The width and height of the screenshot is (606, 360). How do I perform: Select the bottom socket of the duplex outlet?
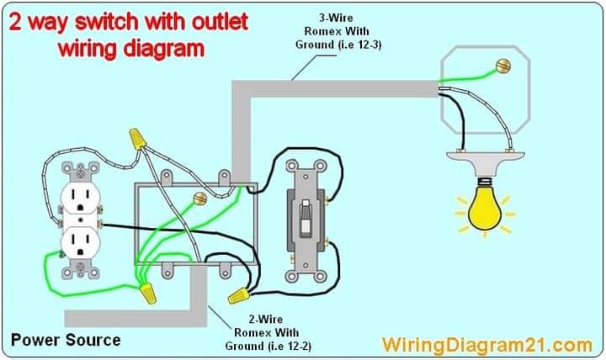click(x=81, y=242)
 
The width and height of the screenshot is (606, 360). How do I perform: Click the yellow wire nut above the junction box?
click(x=137, y=139)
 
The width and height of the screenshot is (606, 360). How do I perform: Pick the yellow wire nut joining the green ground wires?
click(x=148, y=294)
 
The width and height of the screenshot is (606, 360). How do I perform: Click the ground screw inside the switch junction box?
click(x=199, y=199)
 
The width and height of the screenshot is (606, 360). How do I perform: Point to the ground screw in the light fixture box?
click(x=503, y=66)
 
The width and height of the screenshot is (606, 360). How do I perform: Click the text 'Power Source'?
click(x=66, y=341)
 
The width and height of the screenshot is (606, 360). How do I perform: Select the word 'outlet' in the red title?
click(x=220, y=22)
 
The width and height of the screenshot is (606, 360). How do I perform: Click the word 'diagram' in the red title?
click(x=163, y=50)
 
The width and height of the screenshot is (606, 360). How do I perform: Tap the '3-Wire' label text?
click(x=336, y=18)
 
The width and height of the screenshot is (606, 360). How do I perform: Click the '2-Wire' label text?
click(x=265, y=320)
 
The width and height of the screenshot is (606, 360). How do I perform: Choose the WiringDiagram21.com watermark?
click(x=487, y=344)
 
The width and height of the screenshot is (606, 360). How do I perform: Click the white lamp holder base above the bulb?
click(x=486, y=162)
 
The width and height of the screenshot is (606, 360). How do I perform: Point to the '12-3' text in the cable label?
click(x=369, y=45)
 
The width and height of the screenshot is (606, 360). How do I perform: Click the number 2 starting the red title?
click(x=14, y=23)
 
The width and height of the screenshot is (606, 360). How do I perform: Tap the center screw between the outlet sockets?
click(x=81, y=221)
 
